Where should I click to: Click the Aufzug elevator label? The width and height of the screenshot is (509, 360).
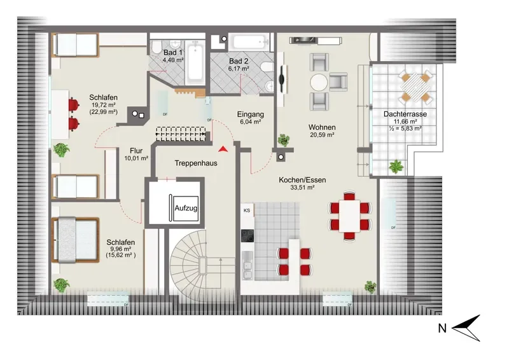coord(186,208)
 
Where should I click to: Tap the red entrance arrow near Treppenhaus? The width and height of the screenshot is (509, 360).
coord(222,149)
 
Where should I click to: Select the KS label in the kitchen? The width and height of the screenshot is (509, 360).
coord(247,211)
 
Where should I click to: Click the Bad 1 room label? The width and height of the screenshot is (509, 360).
coord(173,52)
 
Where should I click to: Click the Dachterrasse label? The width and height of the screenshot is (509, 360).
coord(405,114)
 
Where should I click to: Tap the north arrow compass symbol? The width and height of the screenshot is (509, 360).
coord(466,328)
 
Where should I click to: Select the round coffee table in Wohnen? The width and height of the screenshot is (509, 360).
coord(319,82)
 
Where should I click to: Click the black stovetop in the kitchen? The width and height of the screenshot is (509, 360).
coord(248,236)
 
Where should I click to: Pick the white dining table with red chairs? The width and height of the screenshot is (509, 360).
coord(349,216)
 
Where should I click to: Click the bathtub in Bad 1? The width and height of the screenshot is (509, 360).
coord(195,61)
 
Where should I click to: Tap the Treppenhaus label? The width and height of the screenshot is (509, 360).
coord(196,163)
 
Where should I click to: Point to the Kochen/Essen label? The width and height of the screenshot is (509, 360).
coord(302,180)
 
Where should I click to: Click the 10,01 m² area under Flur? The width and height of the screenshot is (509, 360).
coord(136,158)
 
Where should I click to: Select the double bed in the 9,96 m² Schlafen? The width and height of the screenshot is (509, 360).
coord(75,240)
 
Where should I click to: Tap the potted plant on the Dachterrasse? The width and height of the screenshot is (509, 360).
coord(396,167)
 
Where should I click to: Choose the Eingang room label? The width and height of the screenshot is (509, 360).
coord(250,114)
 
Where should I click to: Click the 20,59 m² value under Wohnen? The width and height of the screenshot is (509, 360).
coord(323,135)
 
